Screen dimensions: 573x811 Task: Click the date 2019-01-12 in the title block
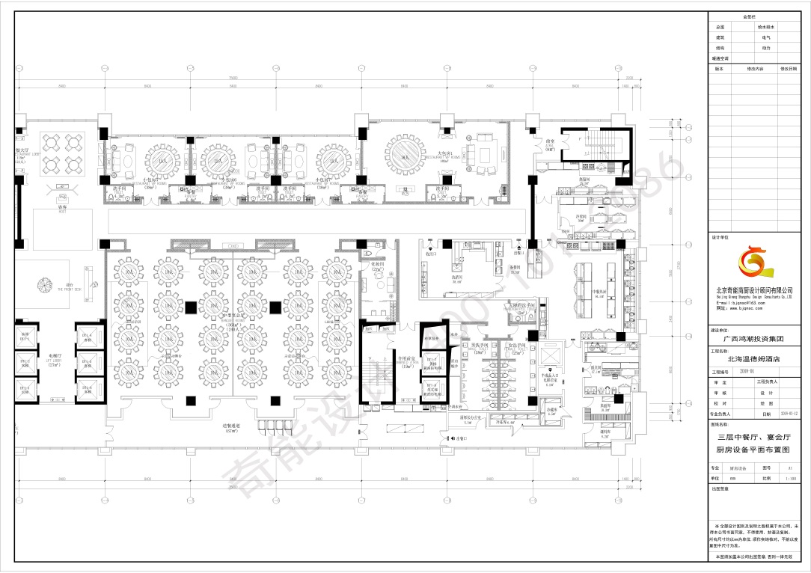point(789,413)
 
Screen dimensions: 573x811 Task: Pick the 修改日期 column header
point(790,68)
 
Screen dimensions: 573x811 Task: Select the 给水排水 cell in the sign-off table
point(766,26)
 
